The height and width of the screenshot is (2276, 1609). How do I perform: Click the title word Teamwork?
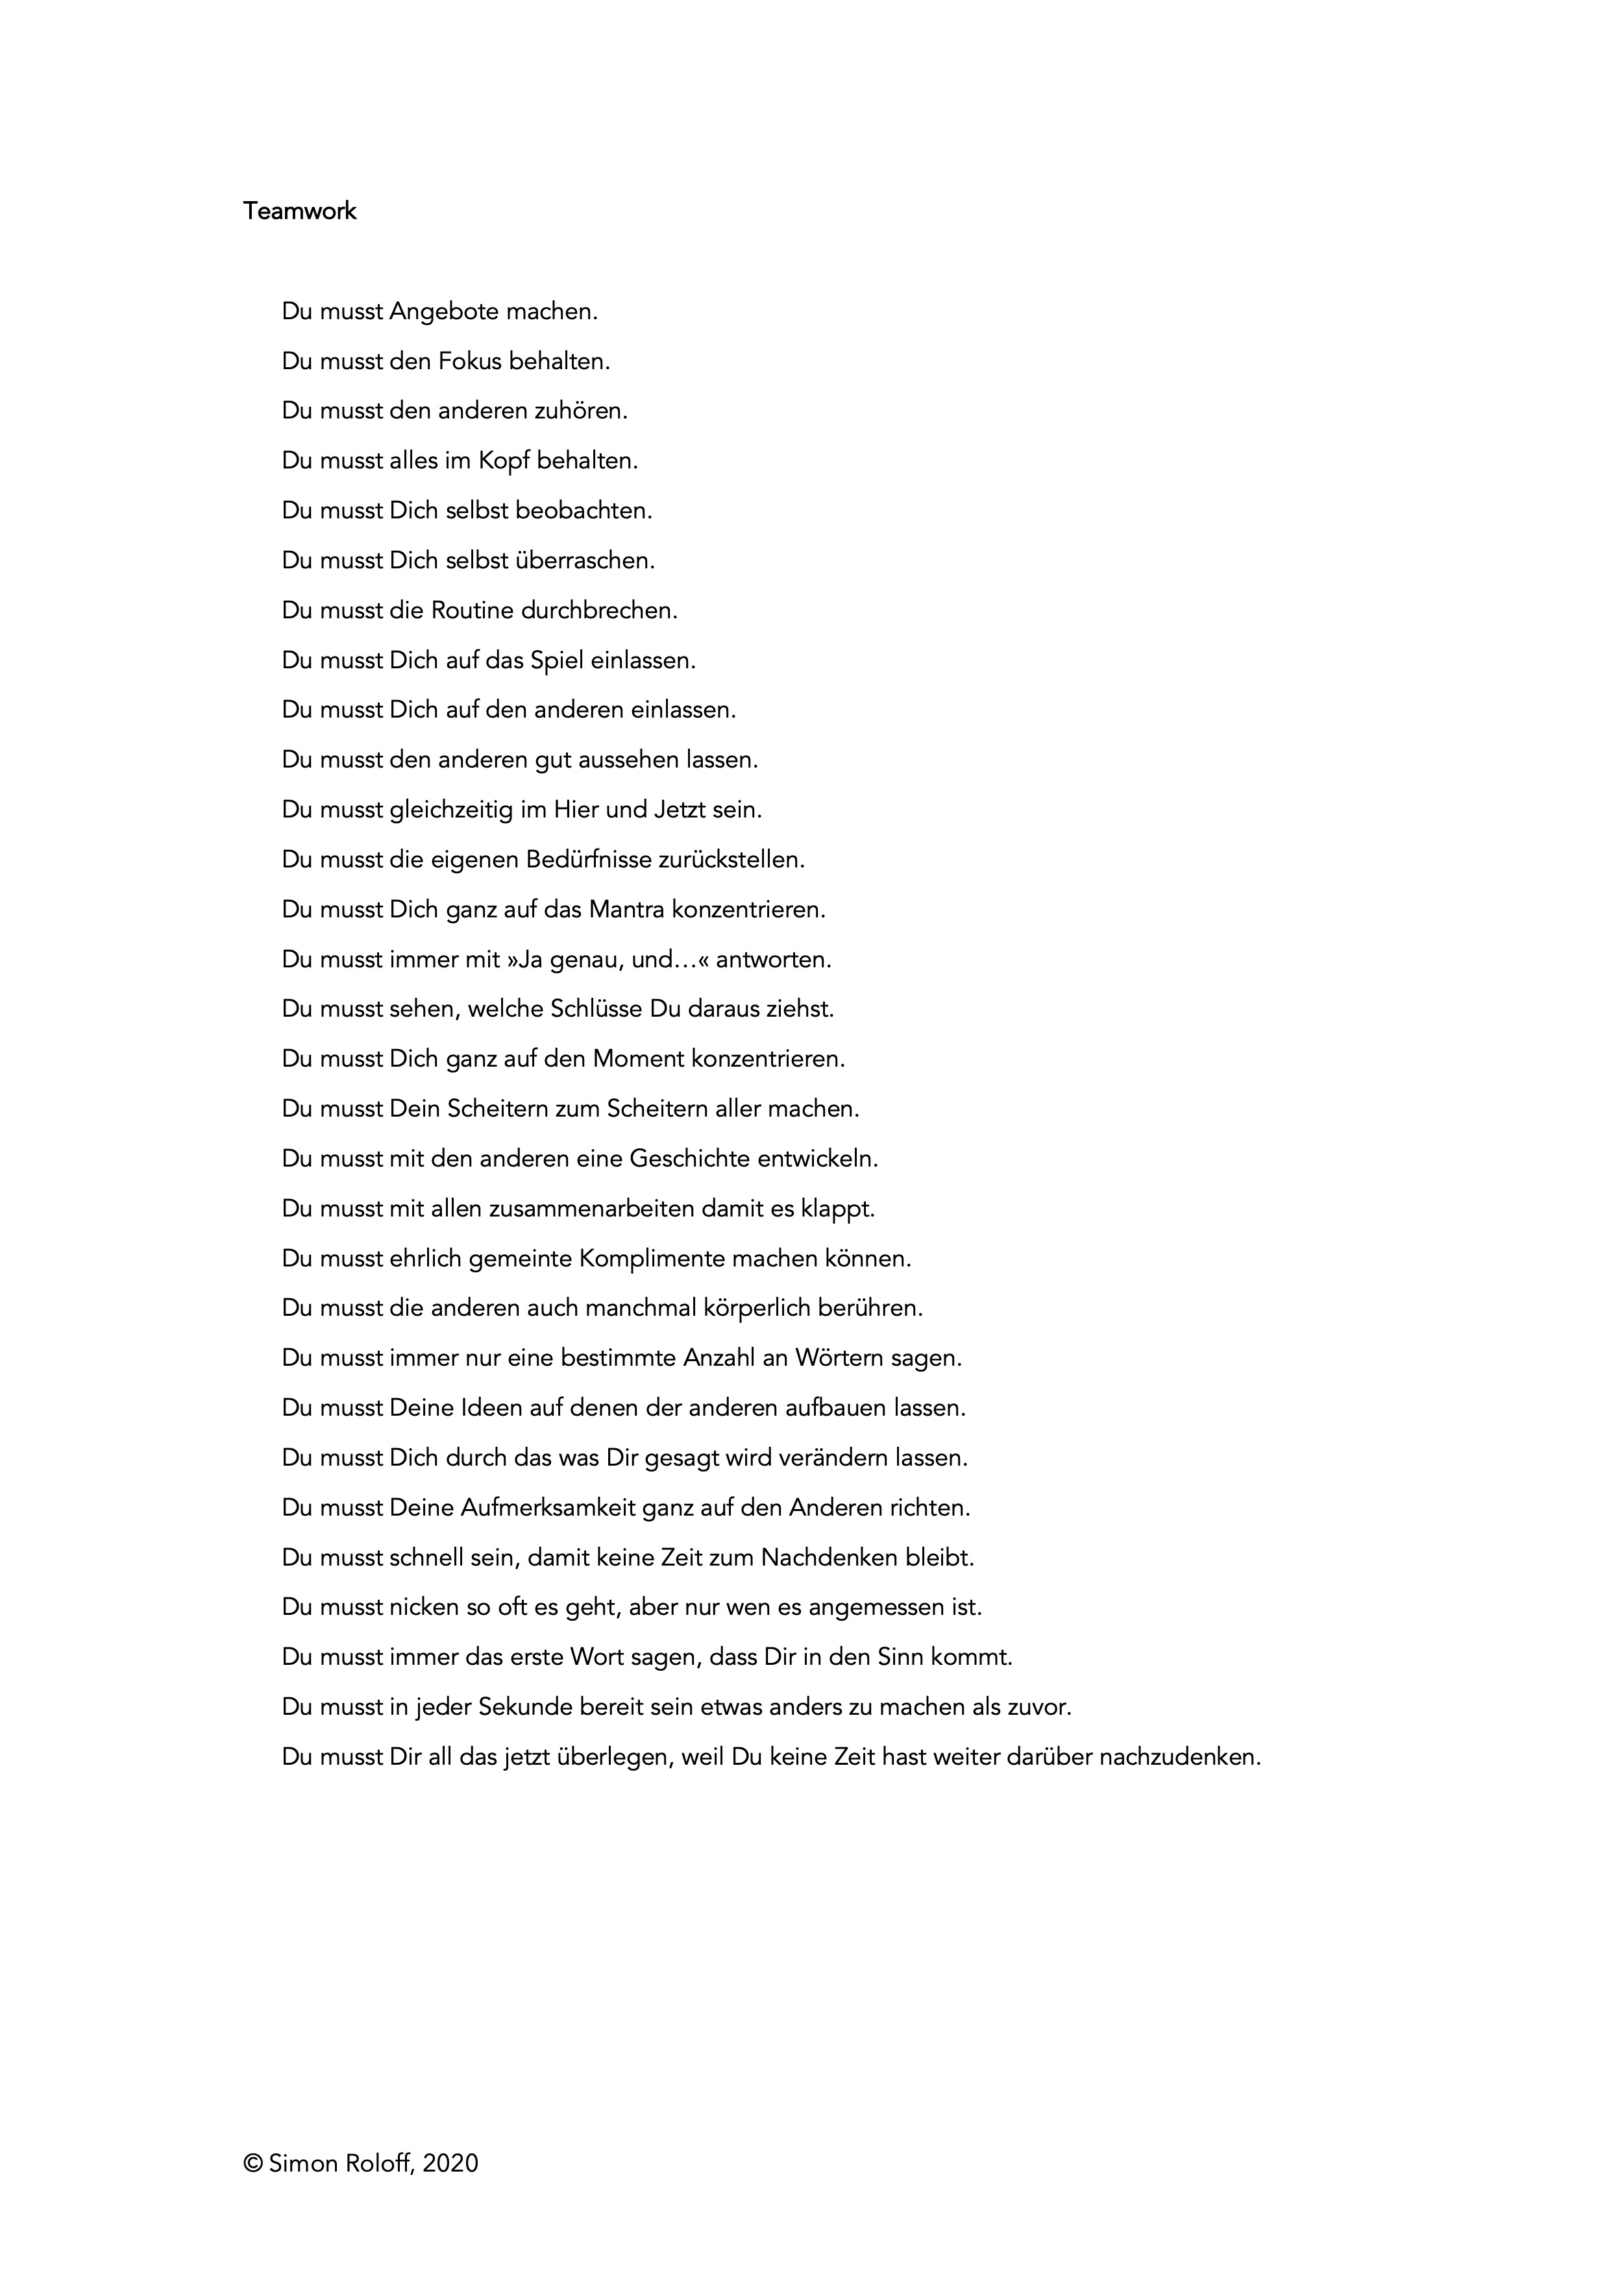(299, 211)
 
